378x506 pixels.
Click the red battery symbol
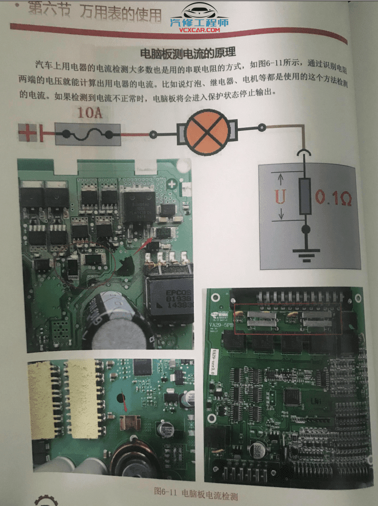[x=31, y=134]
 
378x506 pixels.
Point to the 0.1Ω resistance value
[x=333, y=197]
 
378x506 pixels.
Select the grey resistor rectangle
[x=305, y=196]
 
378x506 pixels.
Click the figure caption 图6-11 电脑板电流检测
[x=196, y=493]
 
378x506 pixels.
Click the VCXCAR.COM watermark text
[x=199, y=30]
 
